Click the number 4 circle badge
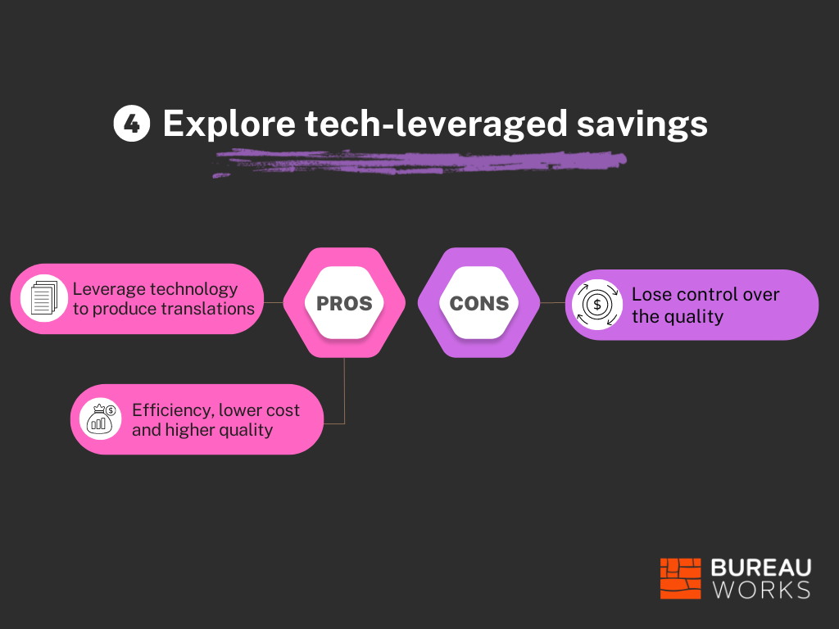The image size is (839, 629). point(132,124)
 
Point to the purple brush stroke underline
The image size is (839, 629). point(419,163)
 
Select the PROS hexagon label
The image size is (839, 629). point(344,303)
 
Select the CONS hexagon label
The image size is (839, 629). point(478,303)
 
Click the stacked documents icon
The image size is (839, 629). point(44,298)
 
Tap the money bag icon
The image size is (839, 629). point(101,419)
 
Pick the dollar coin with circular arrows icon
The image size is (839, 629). point(597,305)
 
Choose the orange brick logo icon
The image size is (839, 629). point(681,579)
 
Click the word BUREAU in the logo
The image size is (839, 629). point(761,568)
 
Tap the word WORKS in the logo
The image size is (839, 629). point(761,590)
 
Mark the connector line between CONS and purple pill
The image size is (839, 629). point(553,303)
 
